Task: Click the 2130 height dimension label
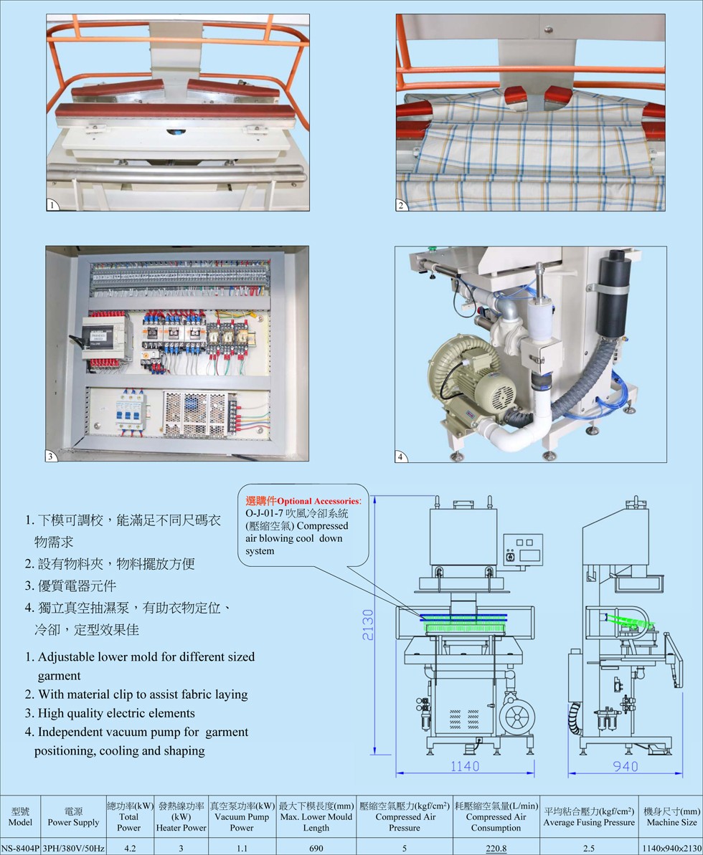pyautogui.click(x=368, y=625)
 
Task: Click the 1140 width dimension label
pyautogui.click(x=465, y=766)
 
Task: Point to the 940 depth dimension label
pyautogui.click(x=626, y=766)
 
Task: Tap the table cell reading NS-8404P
pyautogui.click(x=20, y=849)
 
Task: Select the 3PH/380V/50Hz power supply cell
pyautogui.click(x=74, y=849)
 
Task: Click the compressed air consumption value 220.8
pyautogui.click(x=496, y=849)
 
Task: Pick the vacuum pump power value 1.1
pyautogui.click(x=242, y=849)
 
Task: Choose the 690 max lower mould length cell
pyautogui.click(x=316, y=849)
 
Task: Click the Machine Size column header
pyautogui.click(x=671, y=817)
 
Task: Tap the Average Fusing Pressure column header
pyautogui.click(x=589, y=817)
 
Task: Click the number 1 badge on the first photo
pyautogui.click(x=52, y=205)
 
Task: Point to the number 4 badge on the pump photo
pyautogui.click(x=400, y=457)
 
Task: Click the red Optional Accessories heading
pyautogui.click(x=303, y=500)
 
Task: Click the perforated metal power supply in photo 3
pyautogui.click(x=195, y=414)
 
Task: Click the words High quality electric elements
pyautogui.click(x=116, y=713)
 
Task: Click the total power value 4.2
pyautogui.click(x=129, y=849)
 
